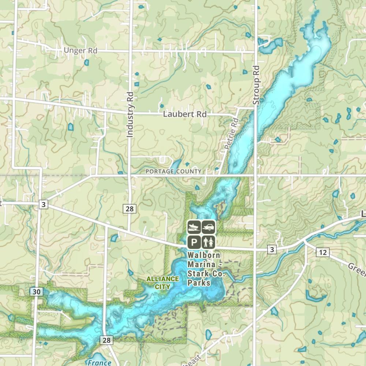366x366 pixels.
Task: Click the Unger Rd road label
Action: coord(81,51)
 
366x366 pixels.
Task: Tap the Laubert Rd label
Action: coord(185,115)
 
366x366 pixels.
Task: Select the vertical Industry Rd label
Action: coord(130,115)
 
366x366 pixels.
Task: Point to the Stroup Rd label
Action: coord(256,85)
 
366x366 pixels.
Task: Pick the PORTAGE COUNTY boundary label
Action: coord(173,171)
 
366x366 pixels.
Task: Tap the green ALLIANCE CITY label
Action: coord(163,283)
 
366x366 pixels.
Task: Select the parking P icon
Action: coord(194,242)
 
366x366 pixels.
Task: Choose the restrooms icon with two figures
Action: coord(209,242)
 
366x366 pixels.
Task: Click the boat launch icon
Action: coord(194,227)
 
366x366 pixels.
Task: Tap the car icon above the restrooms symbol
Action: coord(209,227)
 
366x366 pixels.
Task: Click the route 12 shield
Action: coord(322,252)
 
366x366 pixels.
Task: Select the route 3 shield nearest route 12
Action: coord(272,250)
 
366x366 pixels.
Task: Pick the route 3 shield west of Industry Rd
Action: coord(44,205)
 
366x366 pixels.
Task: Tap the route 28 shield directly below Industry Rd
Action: coord(130,209)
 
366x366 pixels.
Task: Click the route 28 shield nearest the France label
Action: coord(107,340)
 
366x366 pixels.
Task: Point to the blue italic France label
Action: coord(99,363)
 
